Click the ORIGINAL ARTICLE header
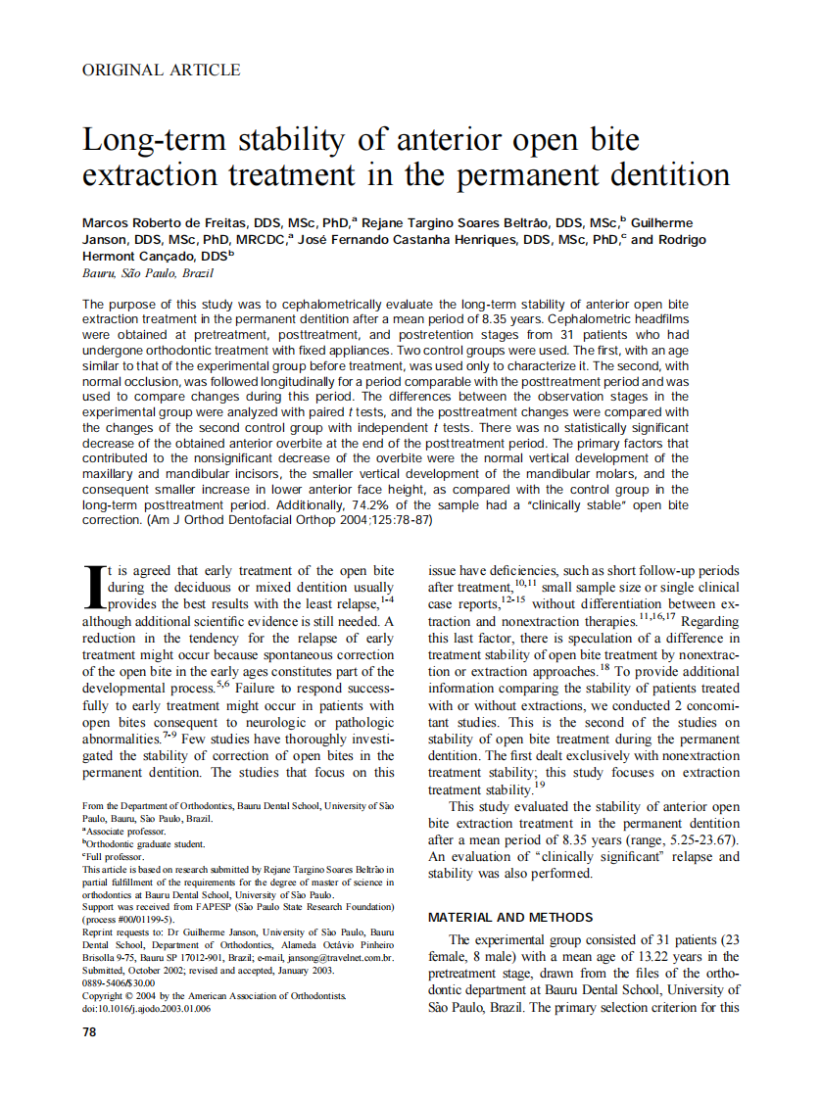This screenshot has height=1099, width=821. (x=162, y=70)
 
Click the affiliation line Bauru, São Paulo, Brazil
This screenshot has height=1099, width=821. (x=147, y=273)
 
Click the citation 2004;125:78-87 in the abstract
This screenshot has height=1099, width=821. (x=383, y=521)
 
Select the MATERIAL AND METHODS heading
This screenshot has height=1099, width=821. (x=510, y=917)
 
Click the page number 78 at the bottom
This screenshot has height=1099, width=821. (x=90, y=1032)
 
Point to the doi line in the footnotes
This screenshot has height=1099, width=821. (x=146, y=1008)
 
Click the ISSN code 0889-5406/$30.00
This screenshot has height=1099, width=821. (x=119, y=982)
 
